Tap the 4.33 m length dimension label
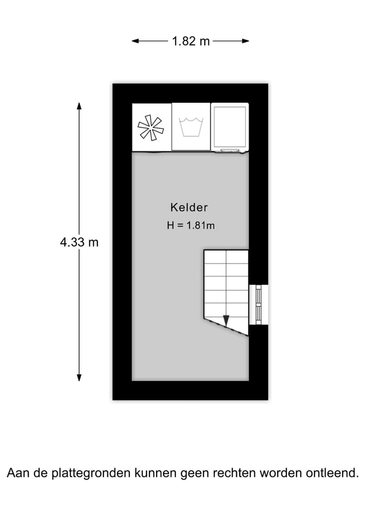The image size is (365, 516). coord(79,242)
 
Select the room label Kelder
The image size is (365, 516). coord(189,207)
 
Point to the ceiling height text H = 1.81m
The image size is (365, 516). coord(191,225)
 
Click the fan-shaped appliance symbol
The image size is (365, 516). coord(151,127)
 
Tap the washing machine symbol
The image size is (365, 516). coord(191,127)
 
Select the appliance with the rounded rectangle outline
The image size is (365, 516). coord(230,127)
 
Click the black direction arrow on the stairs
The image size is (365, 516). coord(226,321)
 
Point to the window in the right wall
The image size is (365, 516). coord(259,304)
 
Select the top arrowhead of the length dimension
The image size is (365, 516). coord(79,106)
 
